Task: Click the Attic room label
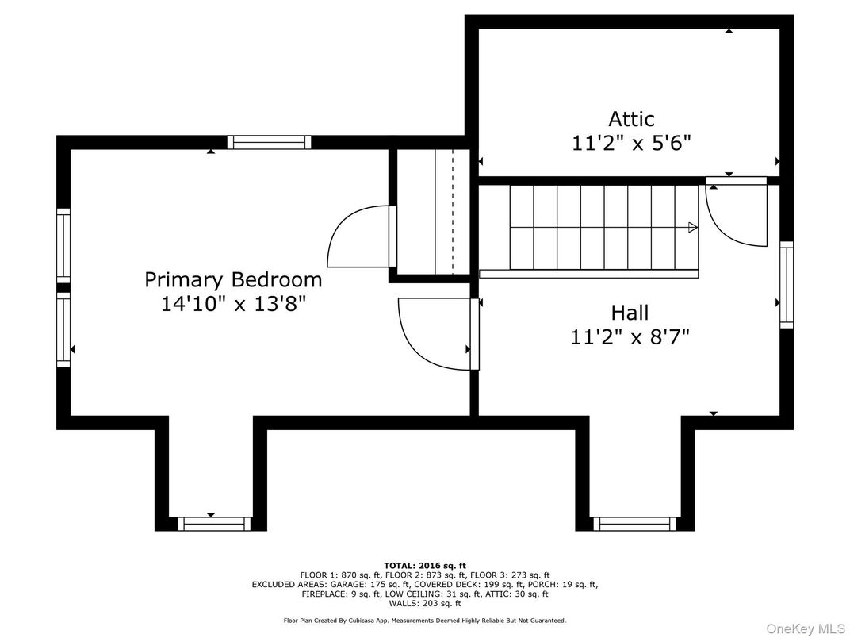tap(631, 119)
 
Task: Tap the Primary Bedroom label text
tap(233, 280)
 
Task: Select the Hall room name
tap(630, 313)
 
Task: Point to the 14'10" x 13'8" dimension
tap(234, 304)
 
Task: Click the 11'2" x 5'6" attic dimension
tap(631, 143)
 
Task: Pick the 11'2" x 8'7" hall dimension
tap(630, 337)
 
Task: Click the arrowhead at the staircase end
tap(693, 227)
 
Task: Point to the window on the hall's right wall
tap(787, 285)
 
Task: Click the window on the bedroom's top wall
tap(269, 142)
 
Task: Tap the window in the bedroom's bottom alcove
tap(214, 524)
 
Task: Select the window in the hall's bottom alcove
tap(635, 524)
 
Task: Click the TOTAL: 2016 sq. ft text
tap(425, 566)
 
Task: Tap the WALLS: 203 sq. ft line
tap(425, 603)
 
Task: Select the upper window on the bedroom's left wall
tap(64, 245)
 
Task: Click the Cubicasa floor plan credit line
tap(425, 620)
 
